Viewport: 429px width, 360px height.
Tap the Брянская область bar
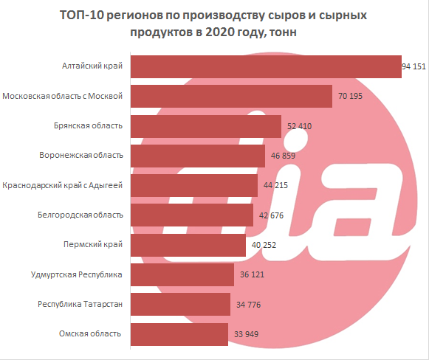click(x=206, y=126)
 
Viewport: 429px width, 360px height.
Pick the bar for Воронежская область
click(x=198, y=156)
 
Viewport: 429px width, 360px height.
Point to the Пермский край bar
click(x=188, y=245)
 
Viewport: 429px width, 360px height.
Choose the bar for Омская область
click(x=179, y=333)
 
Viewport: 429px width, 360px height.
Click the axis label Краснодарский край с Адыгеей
click(x=62, y=185)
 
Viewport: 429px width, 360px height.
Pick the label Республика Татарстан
click(x=80, y=304)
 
